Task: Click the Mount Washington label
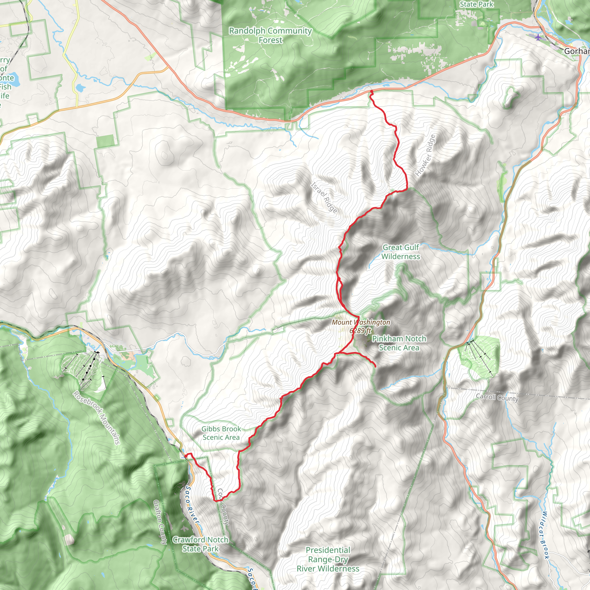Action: tap(361, 322)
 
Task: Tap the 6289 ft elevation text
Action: tap(360, 330)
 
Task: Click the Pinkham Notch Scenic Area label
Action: tap(399, 343)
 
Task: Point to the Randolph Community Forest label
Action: tap(270, 35)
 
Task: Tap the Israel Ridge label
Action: tap(324, 198)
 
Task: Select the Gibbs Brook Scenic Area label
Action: tap(221, 433)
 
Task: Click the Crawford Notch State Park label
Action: tap(200, 544)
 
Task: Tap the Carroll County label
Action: tap(497, 398)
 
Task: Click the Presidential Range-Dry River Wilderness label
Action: tap(328, 559)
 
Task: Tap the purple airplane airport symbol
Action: tap(538, 37)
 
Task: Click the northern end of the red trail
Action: tap(372, 91)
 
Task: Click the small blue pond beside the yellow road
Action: tap(80, 88)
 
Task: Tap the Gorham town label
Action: tap(576, 51)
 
